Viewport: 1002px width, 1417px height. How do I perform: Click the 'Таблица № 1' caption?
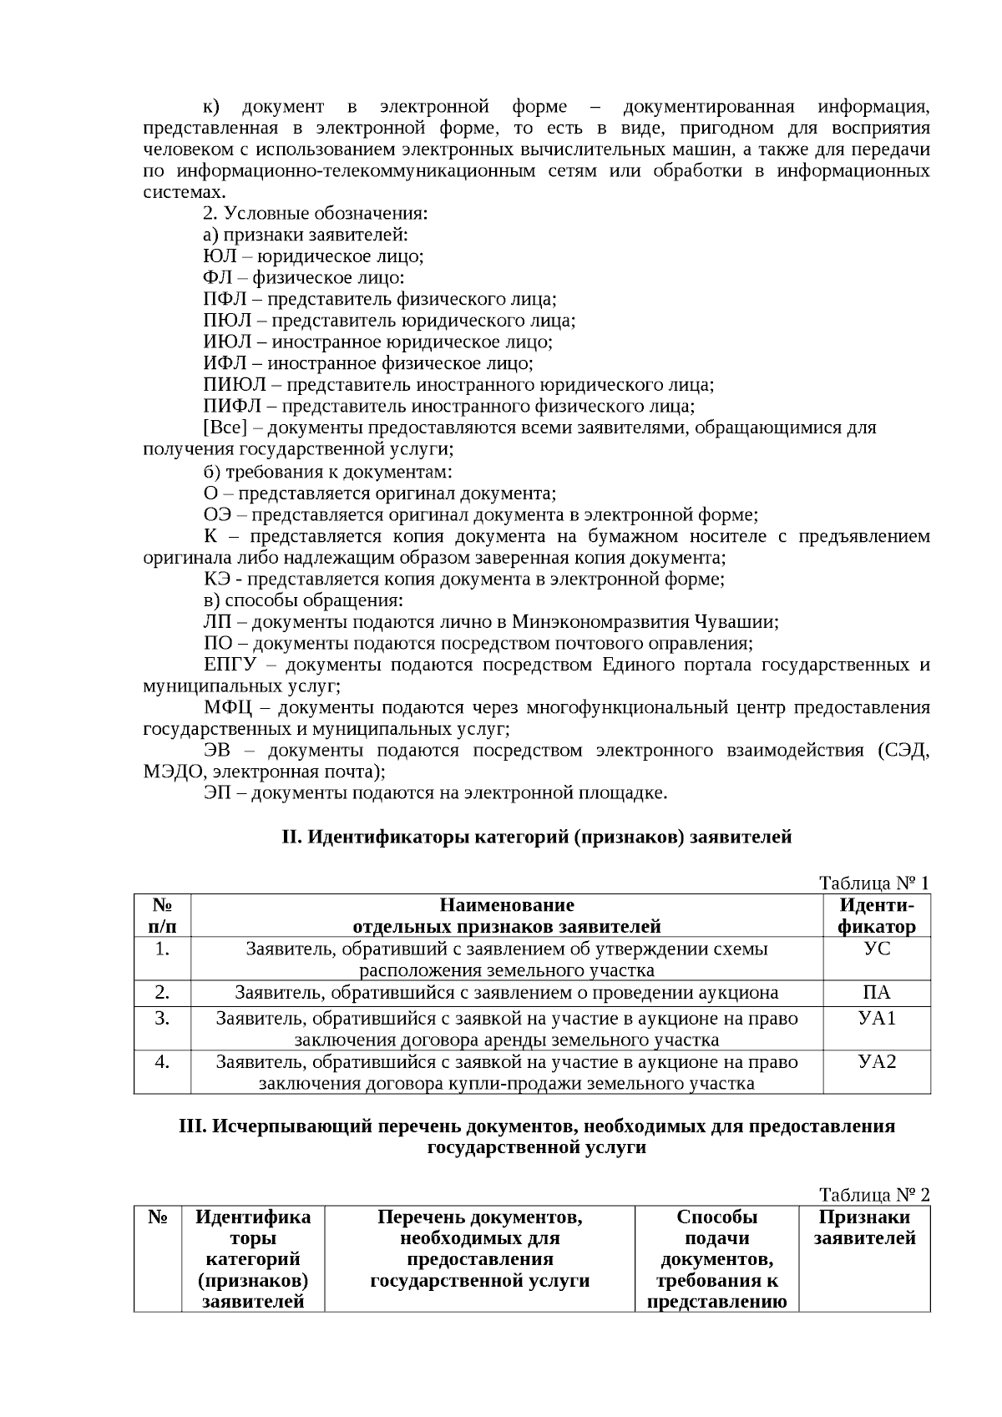click(873, 883)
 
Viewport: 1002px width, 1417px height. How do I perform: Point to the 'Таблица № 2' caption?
click(873, 1195)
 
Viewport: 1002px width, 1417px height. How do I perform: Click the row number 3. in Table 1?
click(162, 1018)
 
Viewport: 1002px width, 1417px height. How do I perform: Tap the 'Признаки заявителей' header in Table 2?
click(864, 1227)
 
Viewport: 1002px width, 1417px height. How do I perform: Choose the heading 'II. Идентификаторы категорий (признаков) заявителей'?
click(536, 837)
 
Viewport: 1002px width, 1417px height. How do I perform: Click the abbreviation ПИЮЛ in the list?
click(235, 385)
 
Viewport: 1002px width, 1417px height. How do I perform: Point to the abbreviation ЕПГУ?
click(233, 665)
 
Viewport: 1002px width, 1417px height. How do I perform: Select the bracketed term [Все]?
click(225, 428)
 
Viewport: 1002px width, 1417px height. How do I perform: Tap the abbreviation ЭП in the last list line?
click(216, 792)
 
